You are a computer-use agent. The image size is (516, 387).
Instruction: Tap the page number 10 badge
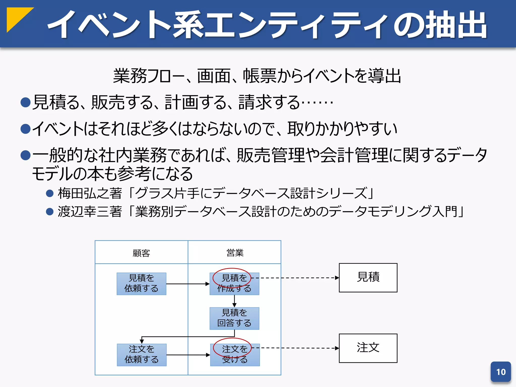tap(501, 372)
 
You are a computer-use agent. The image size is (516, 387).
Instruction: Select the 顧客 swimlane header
tap(141, 253)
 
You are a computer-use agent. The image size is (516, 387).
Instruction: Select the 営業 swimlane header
tap(235, 253)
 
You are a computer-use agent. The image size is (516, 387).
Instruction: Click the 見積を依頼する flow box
tap(141, 284)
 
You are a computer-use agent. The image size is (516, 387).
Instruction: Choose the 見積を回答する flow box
tap(234, 318)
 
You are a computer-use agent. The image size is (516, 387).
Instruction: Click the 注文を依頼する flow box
tap(142, 355)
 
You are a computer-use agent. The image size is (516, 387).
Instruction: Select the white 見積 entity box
tap(368, 278)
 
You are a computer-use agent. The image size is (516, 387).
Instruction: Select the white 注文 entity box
tap(368, 348)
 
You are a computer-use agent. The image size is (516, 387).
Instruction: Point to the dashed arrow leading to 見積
tap(295, 278)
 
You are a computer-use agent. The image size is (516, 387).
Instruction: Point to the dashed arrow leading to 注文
tap(295, 348)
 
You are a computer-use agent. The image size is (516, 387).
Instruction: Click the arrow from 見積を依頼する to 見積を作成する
tap(188, 284)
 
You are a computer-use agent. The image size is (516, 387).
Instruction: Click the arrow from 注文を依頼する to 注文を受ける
tap(188, 355)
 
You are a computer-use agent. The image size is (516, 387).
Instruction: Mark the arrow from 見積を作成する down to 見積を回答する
tap(234, 301)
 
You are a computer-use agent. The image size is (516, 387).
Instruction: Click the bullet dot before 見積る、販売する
tap(25, 103)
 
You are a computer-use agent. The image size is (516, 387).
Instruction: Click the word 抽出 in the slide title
tap(456, 25)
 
